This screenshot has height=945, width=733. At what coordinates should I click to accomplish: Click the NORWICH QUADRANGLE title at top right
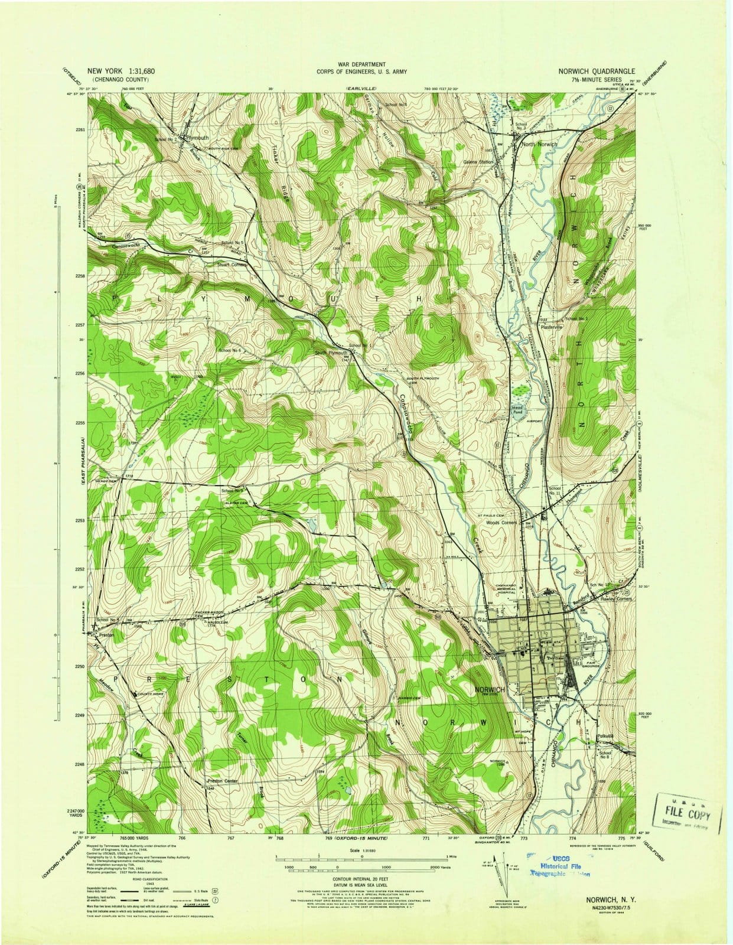click(x=597, y=70)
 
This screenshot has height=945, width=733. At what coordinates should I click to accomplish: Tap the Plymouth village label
click(x=198, y=137)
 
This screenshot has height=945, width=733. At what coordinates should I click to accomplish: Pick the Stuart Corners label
click(x=233, y=265)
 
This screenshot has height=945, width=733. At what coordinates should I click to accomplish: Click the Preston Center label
click(x=223, y=781)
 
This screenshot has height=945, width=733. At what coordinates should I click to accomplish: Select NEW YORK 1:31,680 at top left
click(x=125, y=70)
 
